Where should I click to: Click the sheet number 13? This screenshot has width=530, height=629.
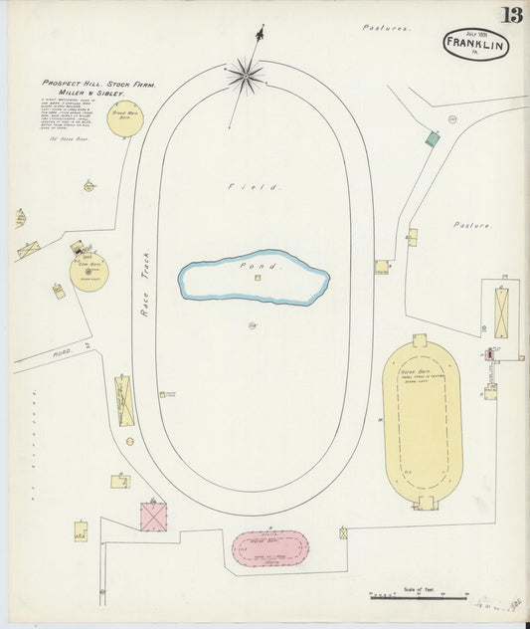pos(511,15)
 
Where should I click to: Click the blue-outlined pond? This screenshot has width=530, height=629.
pos(254,277)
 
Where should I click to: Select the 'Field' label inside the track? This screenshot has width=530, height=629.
pos(255,186)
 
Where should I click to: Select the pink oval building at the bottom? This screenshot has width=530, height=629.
pos(270,548)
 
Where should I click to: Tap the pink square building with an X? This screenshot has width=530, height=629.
pos(153,518)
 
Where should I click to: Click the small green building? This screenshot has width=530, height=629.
pos(432,139)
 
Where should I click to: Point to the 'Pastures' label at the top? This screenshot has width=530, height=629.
pos(386,29)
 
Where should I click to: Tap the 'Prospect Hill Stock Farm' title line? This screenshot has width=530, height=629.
pos(98,84)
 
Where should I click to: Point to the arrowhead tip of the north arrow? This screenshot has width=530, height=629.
pos(262,27)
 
